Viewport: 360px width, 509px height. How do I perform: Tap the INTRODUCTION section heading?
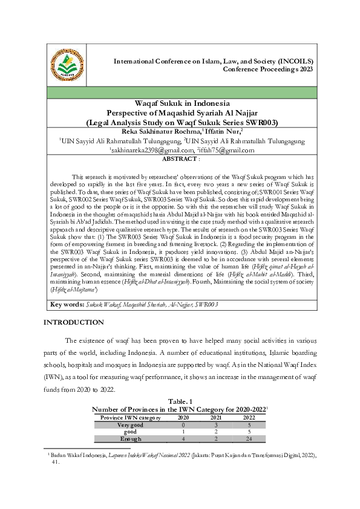click(x=73, y=323)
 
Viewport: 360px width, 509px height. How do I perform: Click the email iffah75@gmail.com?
click(x=220, y=150)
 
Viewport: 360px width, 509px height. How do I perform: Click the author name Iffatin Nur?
click(x=221, y=131)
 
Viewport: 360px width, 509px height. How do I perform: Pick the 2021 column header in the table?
click(x=212, y=417)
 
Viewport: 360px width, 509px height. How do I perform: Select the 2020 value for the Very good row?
click(x=175, y=424)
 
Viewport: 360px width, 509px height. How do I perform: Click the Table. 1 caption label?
click(x=180, y=401)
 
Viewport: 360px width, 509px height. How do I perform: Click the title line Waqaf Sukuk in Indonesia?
click(x=182, y=103)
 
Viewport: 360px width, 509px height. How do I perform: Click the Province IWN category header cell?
click(x=130, y=417)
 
